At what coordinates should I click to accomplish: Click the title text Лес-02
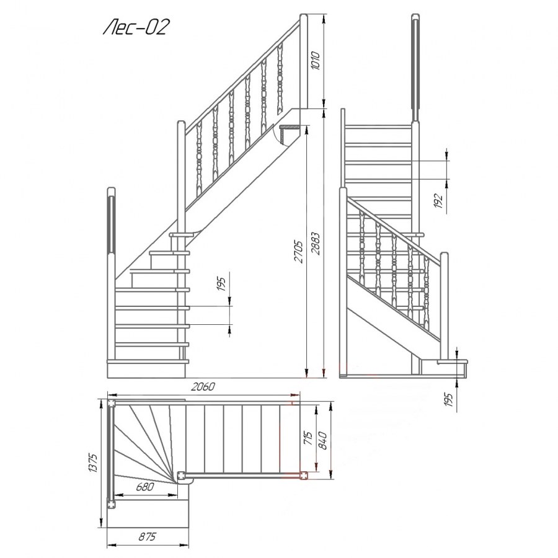tap(136, 27)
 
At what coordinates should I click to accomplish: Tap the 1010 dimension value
tap(316, 61)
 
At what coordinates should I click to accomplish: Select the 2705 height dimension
tap(298, 252)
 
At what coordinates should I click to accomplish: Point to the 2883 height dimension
tap(316, 244)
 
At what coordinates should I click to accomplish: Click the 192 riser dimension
tap(438, 201)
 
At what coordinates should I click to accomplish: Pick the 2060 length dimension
tap(203, 386)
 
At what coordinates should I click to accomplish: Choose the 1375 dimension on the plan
tap(92, 463)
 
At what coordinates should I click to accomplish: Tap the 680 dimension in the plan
tap(145, 487)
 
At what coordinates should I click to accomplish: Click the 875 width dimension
tap(147, 536)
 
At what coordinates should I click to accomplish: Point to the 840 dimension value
tap(322, 440)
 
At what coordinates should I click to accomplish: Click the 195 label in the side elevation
tap(221, 284)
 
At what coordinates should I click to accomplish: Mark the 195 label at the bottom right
tap(448, 400)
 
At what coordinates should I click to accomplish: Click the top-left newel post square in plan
tap(112, 403)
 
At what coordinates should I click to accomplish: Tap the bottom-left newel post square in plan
tap(112, 505)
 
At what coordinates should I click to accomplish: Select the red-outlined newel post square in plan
tap(304, 475)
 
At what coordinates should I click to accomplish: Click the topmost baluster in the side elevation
tap(280, 78)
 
